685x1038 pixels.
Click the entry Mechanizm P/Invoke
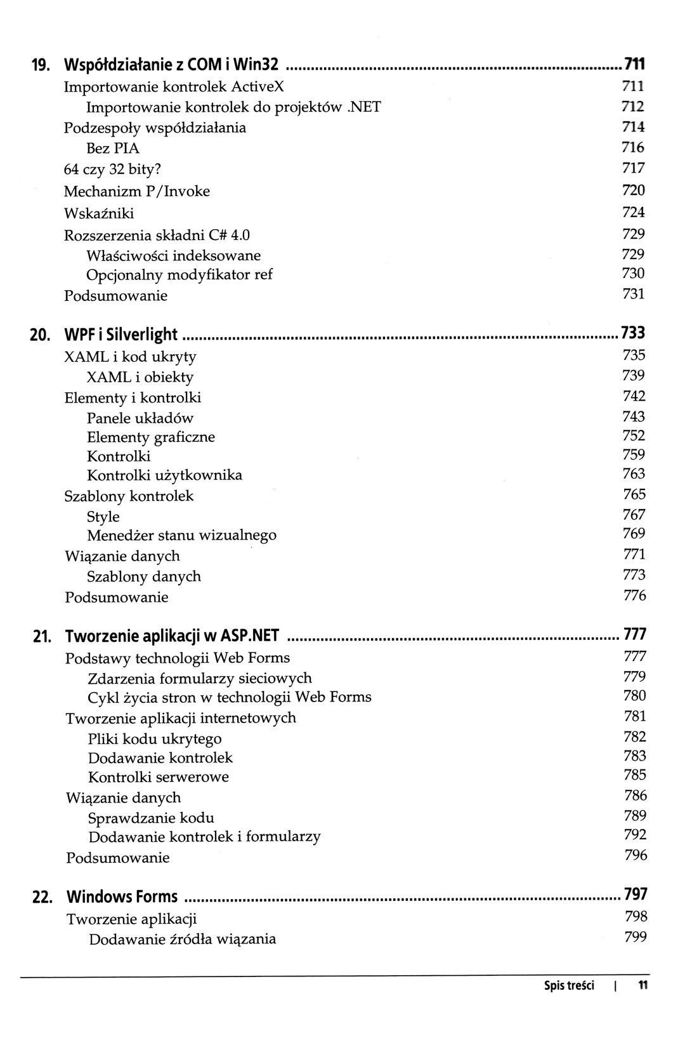(137, 191)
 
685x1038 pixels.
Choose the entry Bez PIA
(112, 149)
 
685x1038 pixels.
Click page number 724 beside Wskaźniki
(633, 211)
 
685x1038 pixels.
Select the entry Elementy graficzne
(151, 437)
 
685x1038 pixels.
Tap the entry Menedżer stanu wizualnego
(181, 535)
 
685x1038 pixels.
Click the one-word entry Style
(103, 517)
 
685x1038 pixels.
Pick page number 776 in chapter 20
(634, 596)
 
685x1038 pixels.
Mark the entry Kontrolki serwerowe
(159, 777)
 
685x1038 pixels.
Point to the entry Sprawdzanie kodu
(151, 818)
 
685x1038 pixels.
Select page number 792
(635, 834)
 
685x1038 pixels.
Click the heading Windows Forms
(122, 897)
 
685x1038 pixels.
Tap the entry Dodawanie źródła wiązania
(182, 939)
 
